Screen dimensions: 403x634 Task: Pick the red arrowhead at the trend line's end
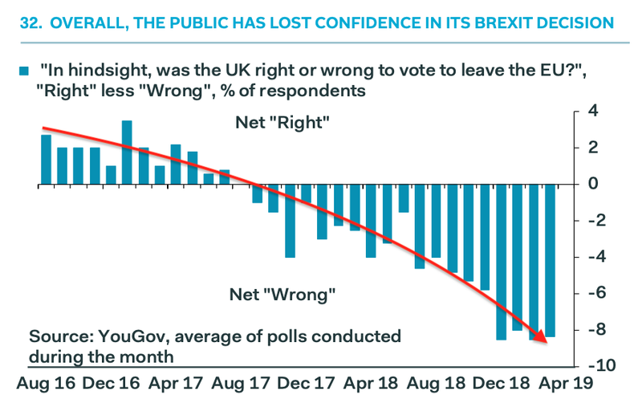(x=543, y=339)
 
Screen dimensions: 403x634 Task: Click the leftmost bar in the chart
(x=46, y=159)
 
